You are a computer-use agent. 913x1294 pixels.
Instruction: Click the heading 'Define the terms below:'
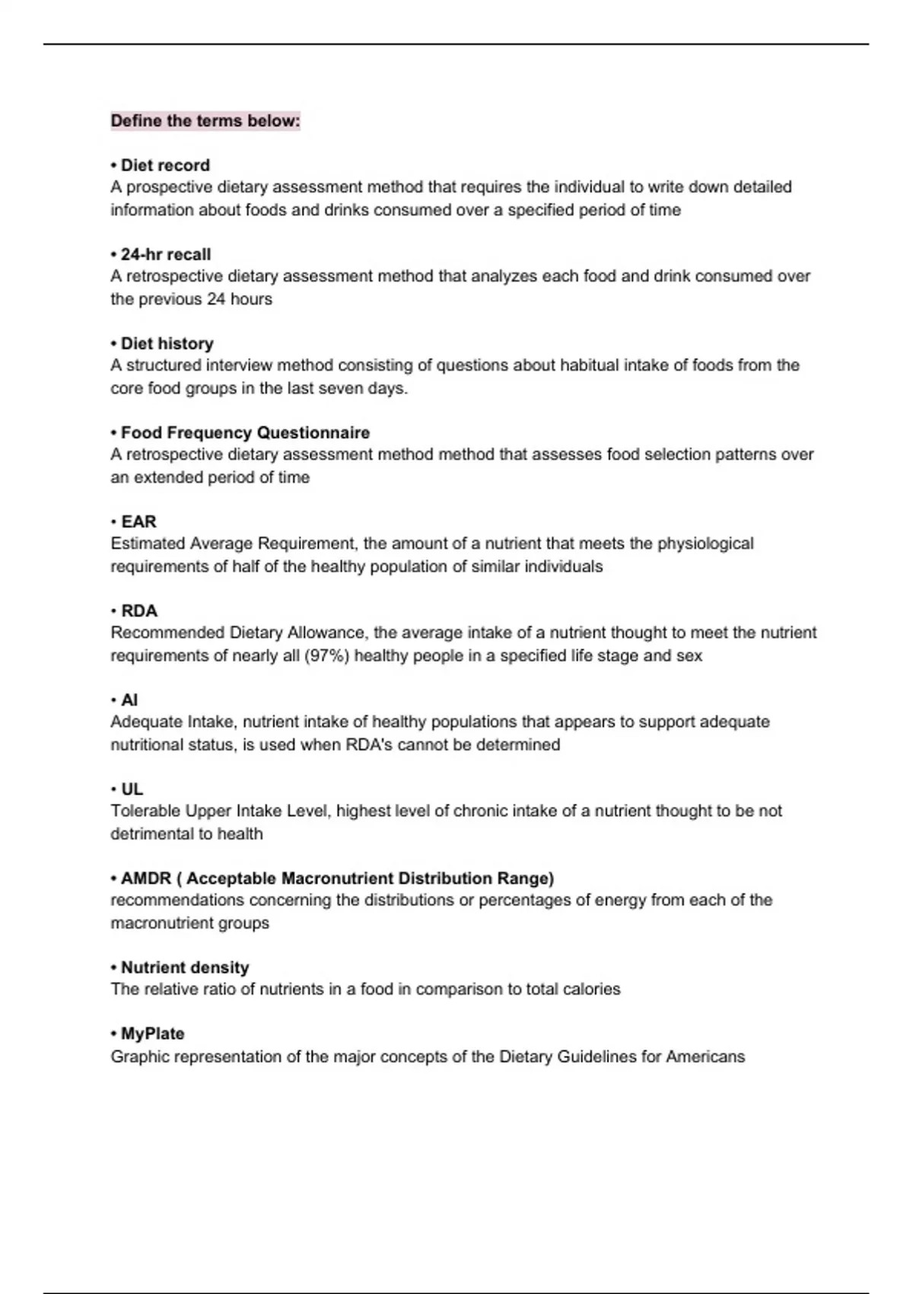(205, 121)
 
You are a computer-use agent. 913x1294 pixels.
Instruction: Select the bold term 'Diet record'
(165, 165)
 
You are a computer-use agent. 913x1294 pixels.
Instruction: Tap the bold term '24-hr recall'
(166, 254)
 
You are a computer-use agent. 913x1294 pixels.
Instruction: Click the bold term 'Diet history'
(167, 343)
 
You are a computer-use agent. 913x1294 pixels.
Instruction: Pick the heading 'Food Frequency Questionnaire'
(245, 432)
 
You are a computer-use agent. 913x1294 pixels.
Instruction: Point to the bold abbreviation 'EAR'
(138, 521)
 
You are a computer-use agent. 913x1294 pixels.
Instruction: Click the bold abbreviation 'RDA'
(139, 610)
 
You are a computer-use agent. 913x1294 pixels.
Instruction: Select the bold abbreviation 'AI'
(129, 700)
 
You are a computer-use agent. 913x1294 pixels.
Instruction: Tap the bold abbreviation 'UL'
(132, 789)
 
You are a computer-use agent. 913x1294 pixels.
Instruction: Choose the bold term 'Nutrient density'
(185, 967)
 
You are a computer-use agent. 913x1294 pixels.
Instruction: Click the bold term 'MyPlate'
(152, 1034)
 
